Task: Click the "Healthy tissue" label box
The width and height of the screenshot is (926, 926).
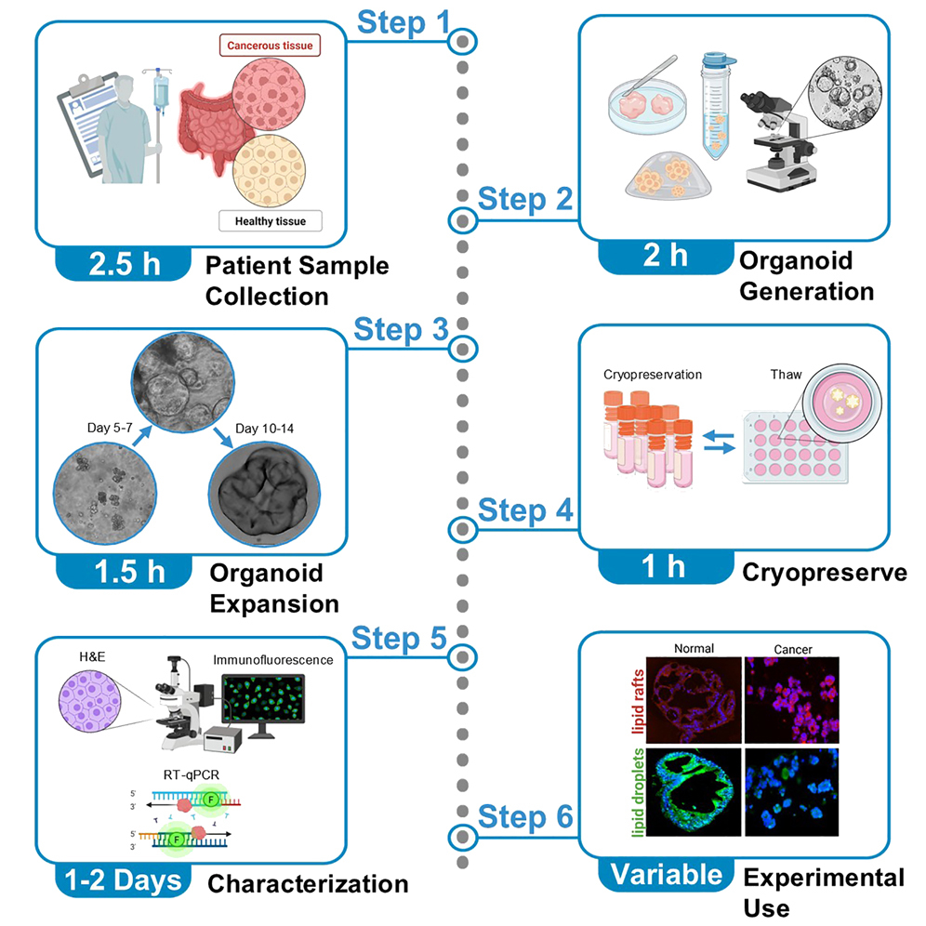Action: pos(270,221)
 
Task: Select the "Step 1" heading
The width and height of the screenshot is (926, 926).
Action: pos(403,23)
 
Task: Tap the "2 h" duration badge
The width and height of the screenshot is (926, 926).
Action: pos(666,255)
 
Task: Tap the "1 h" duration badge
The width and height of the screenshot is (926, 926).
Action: pos(666,566)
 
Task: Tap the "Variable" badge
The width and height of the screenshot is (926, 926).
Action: pos(666,874)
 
